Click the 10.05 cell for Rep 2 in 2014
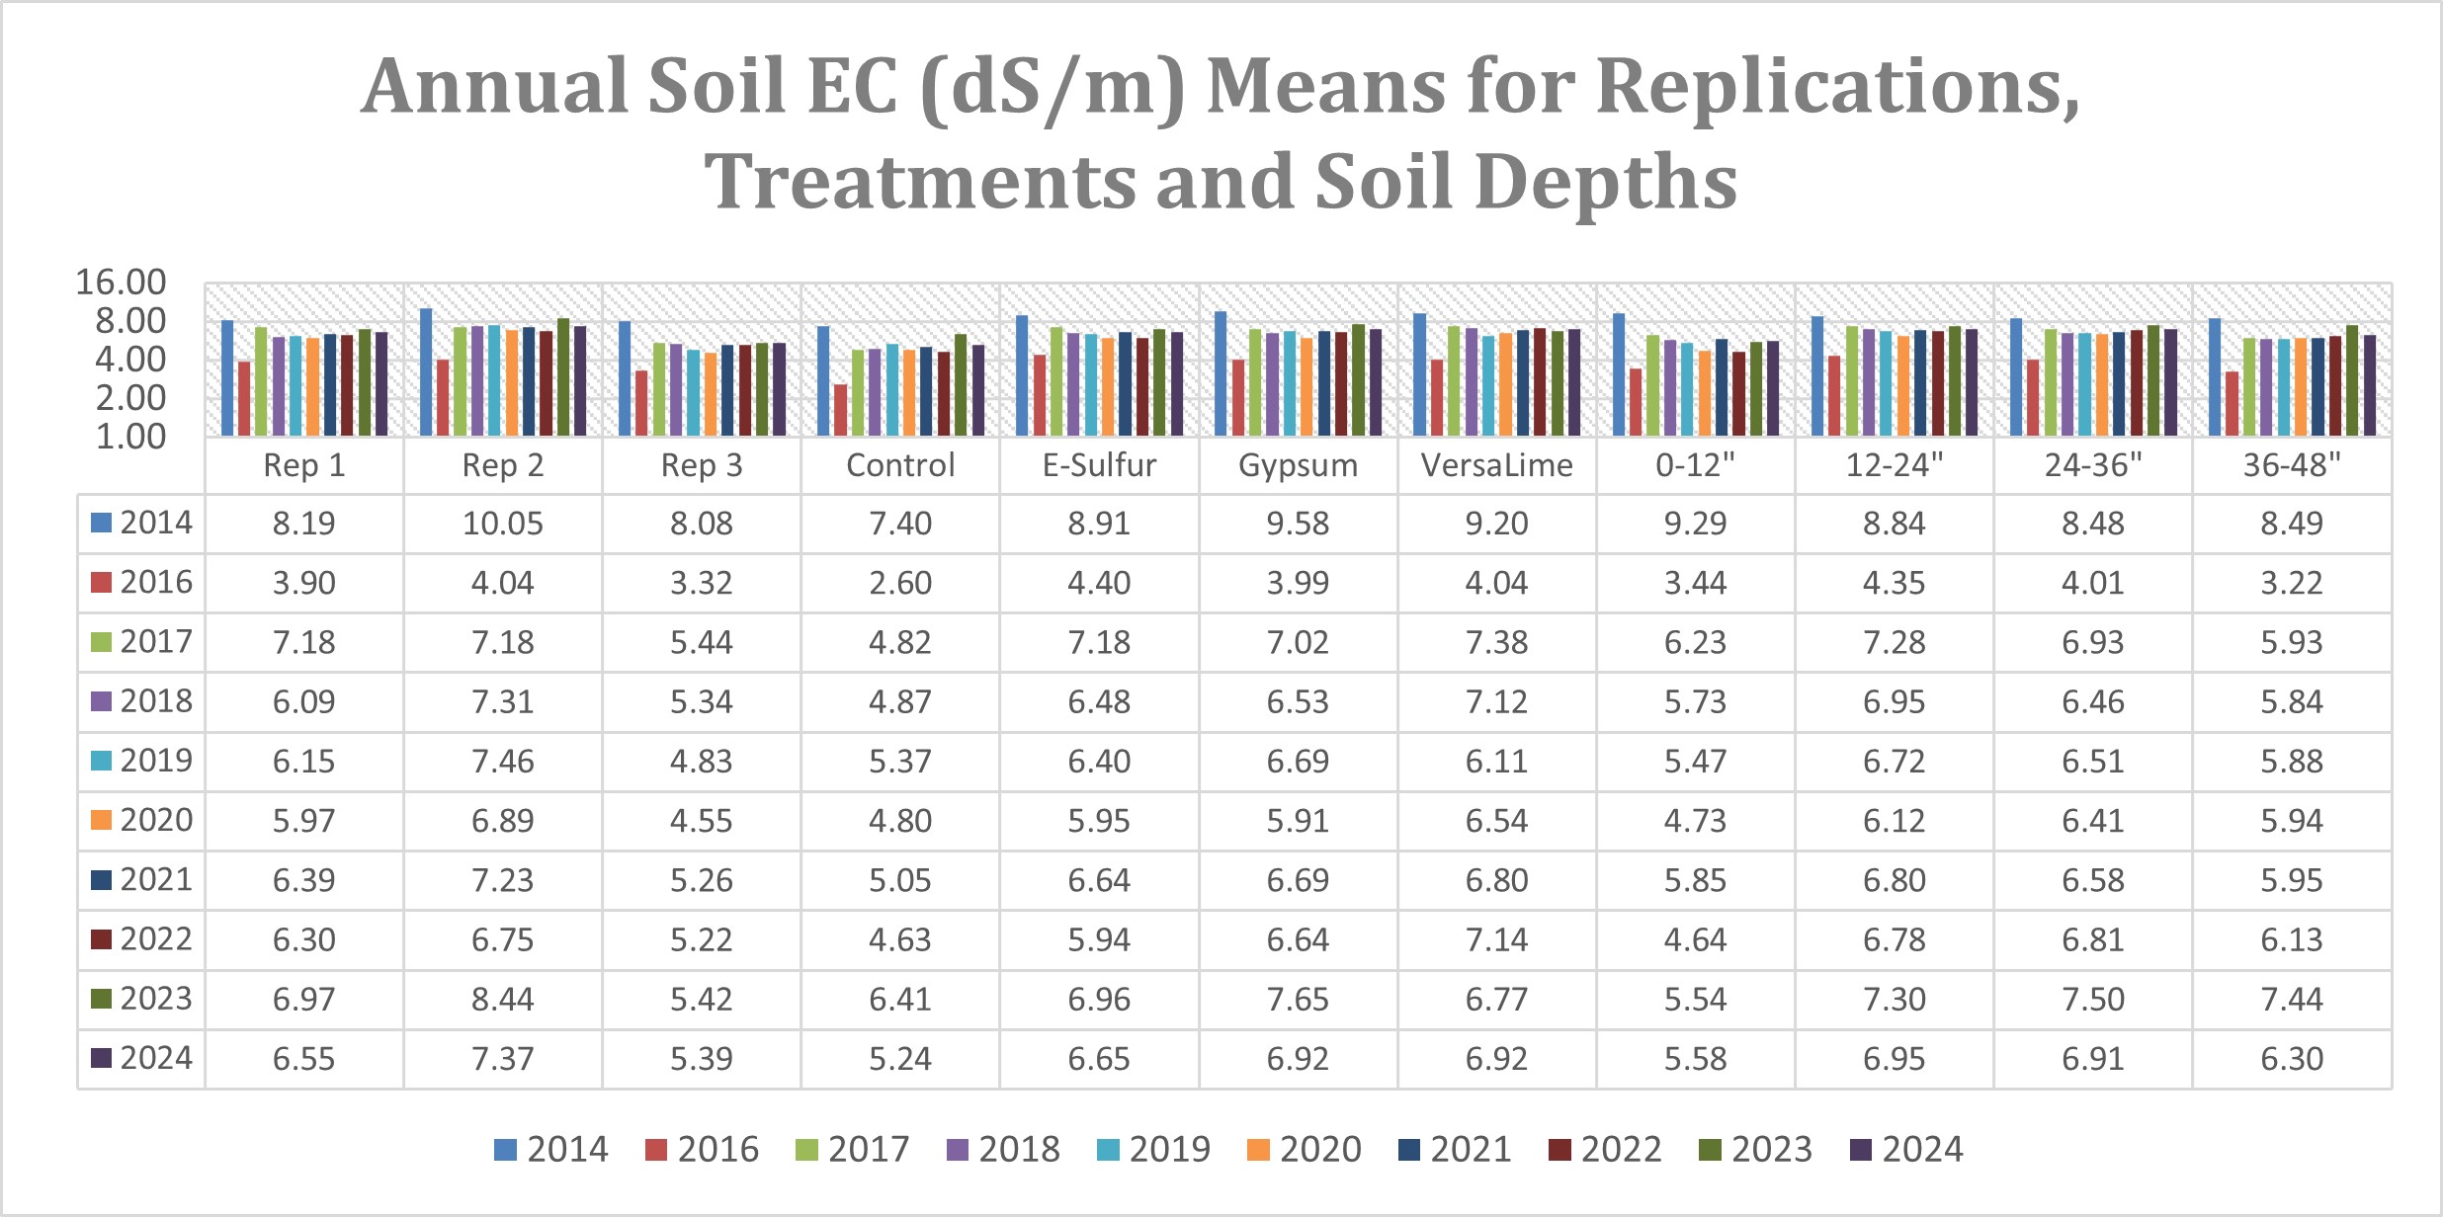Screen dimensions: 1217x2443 tap(502, 524)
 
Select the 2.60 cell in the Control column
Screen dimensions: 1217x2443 tap(899, 583)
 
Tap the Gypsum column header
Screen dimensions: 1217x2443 tap(1298, 465)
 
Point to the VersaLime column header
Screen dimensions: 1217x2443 tap(1496, 465)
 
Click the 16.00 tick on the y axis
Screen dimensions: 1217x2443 tap(121, 283)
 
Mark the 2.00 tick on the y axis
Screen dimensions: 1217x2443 tap(129, 398)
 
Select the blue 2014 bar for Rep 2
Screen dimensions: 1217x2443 tap(426, 372)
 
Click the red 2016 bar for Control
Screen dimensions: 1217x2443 tap(840, 410)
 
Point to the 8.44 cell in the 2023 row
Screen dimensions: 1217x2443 tap(502, 999)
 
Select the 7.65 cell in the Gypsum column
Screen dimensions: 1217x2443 tap(1298, 999)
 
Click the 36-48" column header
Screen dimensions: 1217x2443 tap(2291, 465)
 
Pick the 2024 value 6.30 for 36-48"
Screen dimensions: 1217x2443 tap(2291, 1059)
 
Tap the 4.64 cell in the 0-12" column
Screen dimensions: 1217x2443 tap(1695, 939)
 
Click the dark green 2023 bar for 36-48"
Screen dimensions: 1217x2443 tap(2352, 380)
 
